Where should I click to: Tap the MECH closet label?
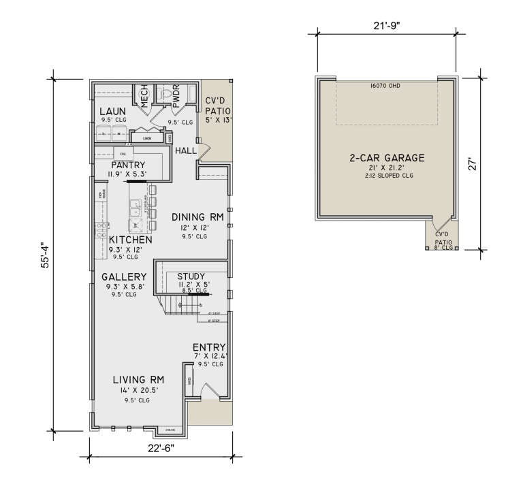(x=144, y=97)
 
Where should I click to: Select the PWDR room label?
(x=175, y=96)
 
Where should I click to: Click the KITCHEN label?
(x=130, y=240)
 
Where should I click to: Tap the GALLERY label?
(x=124, y=276)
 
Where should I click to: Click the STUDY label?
(x=191, y=276)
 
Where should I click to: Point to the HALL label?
(x=185, y=150)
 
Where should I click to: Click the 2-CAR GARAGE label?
(x=387, y=158)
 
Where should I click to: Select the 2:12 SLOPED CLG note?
(x=387, y=176)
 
